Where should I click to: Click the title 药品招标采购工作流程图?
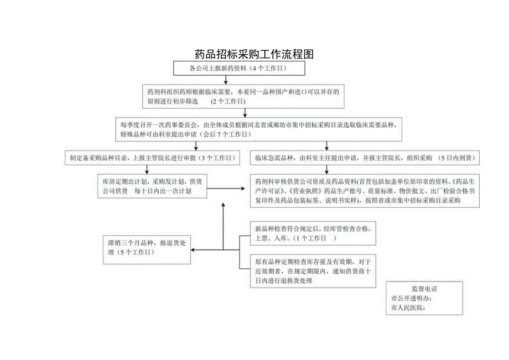[x=254, y=54]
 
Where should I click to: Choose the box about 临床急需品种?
[x=365, y=158]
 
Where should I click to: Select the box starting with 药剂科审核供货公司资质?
[x=365, y=191]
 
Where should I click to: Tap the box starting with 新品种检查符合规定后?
[x=314, y=233]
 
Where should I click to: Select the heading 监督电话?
[x=424, y=289]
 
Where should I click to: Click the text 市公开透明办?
[x=411, y=299]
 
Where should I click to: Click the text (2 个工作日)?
[x=228, y=102]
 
